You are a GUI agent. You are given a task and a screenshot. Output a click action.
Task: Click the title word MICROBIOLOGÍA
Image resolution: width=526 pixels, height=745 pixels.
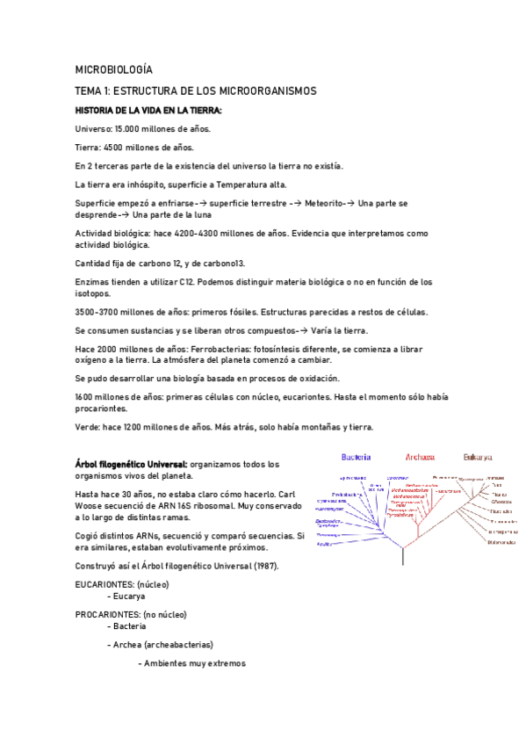point(114,69)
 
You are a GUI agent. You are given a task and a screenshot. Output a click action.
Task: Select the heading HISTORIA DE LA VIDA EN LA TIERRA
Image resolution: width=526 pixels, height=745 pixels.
point(148,110)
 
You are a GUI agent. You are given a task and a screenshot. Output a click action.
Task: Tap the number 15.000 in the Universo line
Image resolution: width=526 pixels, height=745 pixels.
point(131,128)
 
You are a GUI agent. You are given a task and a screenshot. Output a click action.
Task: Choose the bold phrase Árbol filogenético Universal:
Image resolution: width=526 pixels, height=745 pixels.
point(131,464)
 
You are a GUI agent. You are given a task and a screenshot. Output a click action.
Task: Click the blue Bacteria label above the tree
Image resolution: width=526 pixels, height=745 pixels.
point(356,457)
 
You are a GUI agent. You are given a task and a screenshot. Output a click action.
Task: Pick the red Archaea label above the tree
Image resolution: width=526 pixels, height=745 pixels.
point(420,457)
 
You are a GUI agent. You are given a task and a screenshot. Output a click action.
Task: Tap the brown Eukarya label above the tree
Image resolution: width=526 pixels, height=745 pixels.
point(478,457)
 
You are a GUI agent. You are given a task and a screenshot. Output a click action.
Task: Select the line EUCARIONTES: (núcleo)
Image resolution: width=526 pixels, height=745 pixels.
point(122,584)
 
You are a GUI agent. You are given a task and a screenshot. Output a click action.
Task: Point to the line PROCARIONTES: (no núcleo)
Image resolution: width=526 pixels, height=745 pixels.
point(131,614)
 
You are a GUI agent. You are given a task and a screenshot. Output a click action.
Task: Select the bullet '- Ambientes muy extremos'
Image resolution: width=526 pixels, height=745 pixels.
point(191,662)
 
